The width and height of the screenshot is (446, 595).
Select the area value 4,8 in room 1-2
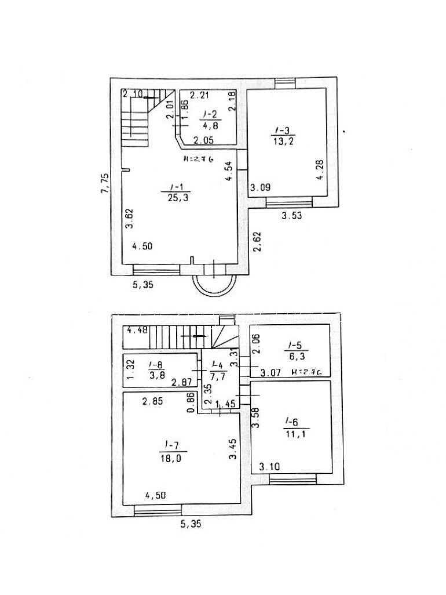pyautogui.click(x=209, y=124)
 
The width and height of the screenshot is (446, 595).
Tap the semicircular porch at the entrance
pyautogui.click(x=215, y=285)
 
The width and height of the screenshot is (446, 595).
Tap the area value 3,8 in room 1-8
pyautogui.click(x=155, y=375)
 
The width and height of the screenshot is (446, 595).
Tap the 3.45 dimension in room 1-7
pyautogui.click(x=232, y=449)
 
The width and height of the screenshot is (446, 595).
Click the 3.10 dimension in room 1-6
pyautogui.click(x=270, y=467)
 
